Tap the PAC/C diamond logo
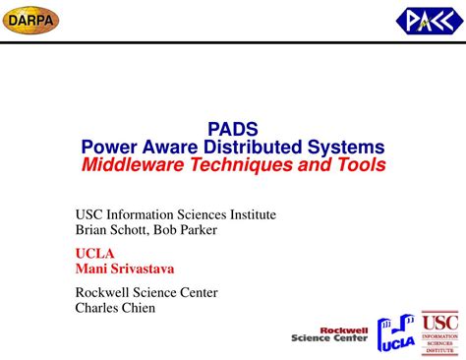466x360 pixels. tap(426, 20)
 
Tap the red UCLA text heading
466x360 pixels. tap(95, 253)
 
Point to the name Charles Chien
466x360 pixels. tap(116, 307)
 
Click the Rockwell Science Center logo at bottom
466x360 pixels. tap(330, 335)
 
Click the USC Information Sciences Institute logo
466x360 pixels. tap(439, 331)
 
